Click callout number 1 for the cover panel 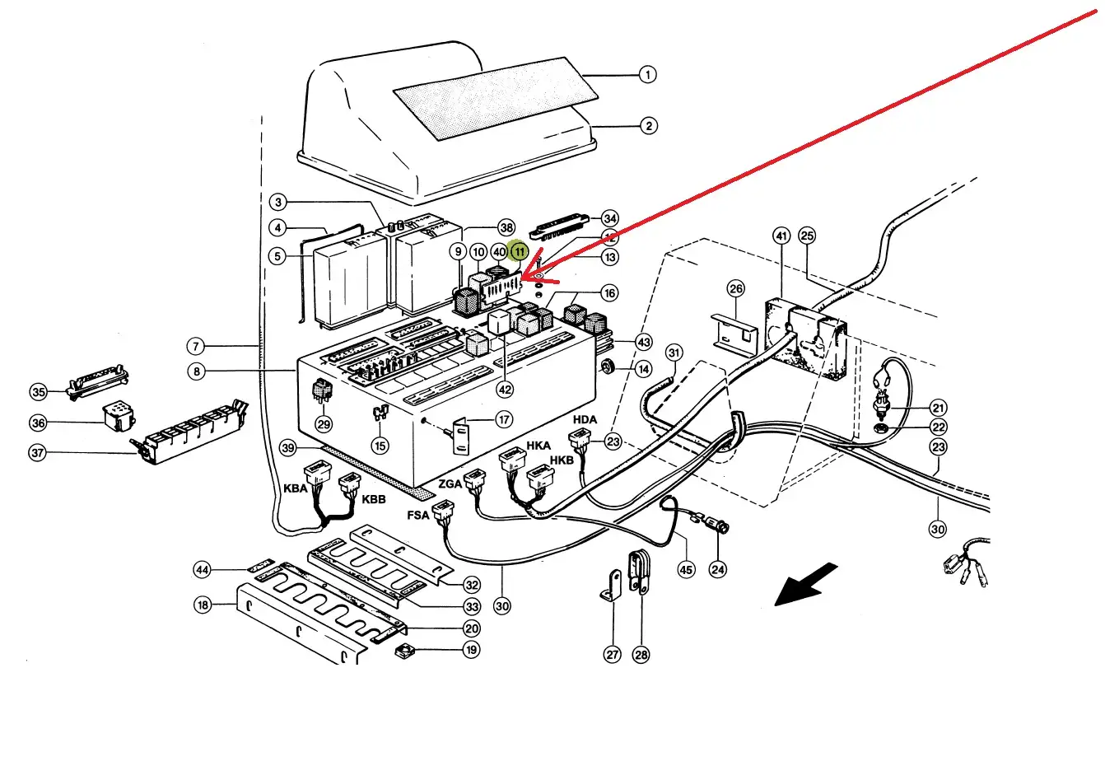pos(648,75)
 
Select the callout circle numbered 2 pos(649,126)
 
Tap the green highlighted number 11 pos(519,251)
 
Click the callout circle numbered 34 pos(609,218)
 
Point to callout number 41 pos(781,236)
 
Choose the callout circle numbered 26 pos(736,288)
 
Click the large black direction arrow pos(806,584)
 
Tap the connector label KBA pos(295,488)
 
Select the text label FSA pos(417,516)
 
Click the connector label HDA pos(585,420)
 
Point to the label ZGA pos(450,483)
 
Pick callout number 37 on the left pos(38,453)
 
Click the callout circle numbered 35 pos(38,392)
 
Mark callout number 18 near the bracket pos(203,605)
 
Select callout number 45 pos(686,569)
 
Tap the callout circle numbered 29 pos(324,424)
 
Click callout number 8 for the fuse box pos(196,371)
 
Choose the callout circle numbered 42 pos(505,390)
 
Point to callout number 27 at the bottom pos(613,655)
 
